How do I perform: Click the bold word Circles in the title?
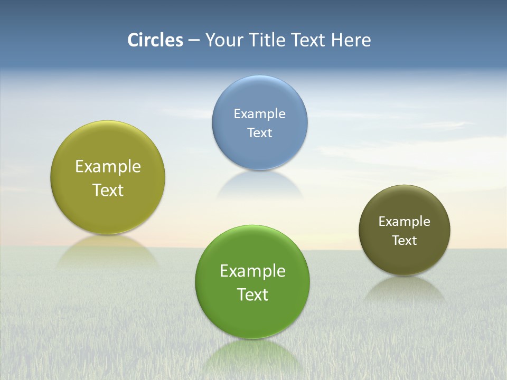click(x=155, y=40)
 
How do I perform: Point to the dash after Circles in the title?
click(x=194, y=41)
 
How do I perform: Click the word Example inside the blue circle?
click(x=259, y=114)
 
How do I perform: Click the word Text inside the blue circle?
click(x=259, y=133)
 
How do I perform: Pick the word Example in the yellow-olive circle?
click(x=108, y=167)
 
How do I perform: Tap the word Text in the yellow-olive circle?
click(x=108, y=190)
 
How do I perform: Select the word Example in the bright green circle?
click(x=252, y=271)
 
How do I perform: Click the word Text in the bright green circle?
click(x=252, y=294)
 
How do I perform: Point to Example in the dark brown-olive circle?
click(x=404, y=222)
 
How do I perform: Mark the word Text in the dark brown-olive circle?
click(x=404, y=241)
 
